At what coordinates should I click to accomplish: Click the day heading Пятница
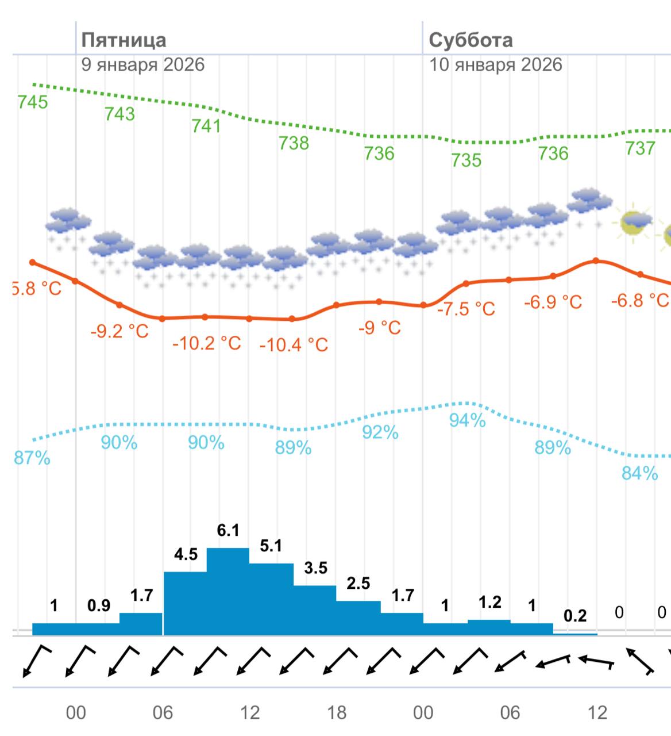124,40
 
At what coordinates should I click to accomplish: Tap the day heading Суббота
471,40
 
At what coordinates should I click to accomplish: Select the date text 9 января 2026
142,64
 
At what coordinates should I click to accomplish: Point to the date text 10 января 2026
495,64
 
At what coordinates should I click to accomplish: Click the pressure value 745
33,102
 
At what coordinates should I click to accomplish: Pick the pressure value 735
466,160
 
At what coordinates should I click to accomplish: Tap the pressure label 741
206,125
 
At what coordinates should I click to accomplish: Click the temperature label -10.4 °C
294,345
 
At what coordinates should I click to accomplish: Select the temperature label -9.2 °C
119,331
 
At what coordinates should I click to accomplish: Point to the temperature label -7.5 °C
466,309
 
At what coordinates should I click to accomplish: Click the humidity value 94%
467,420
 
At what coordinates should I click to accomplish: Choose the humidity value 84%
639,473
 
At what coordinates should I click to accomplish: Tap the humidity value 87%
33,458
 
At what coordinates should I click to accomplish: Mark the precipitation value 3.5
315,568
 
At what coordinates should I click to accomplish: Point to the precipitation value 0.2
575,616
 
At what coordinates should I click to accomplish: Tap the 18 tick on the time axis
337,713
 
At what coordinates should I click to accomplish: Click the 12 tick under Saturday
597,713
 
